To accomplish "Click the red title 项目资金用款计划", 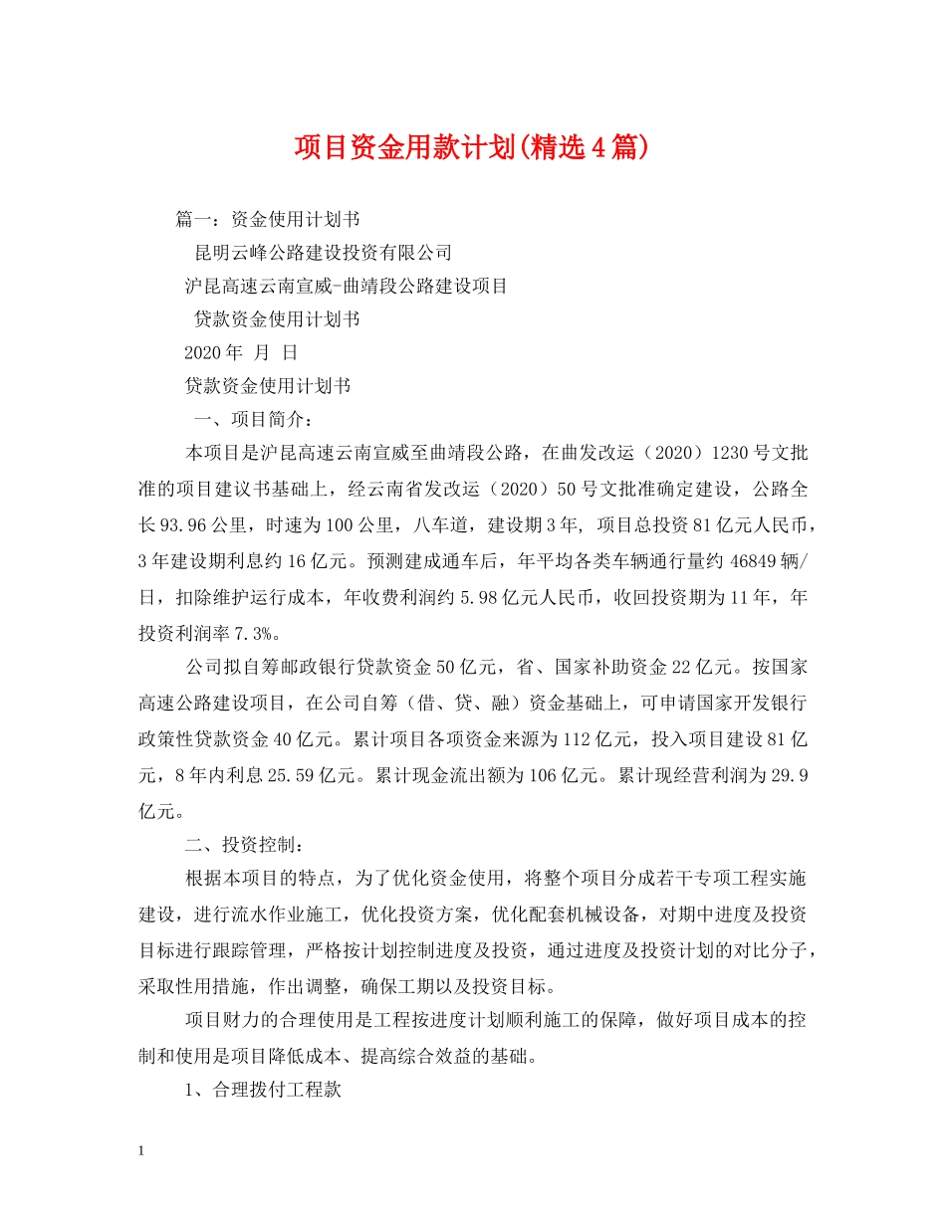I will coord(472,147).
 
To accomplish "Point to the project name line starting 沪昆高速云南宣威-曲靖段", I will coord(347,286).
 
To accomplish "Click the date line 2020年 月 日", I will coord(241,351).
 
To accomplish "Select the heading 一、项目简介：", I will coord(255,418).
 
